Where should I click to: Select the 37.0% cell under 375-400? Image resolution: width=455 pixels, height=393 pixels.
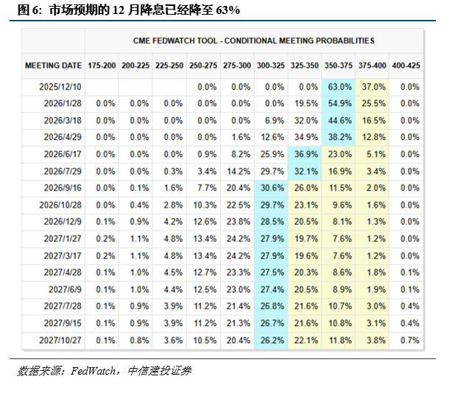(373, 87)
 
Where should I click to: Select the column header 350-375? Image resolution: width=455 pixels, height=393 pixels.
(339, 65)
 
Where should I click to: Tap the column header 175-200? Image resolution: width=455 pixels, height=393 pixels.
(102, 65)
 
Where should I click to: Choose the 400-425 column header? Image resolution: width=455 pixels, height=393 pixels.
(406, 65)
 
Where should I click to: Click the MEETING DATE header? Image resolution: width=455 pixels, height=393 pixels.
(53, 65)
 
